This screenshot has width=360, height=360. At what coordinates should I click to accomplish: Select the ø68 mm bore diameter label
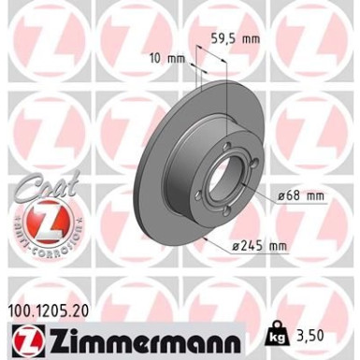303,195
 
